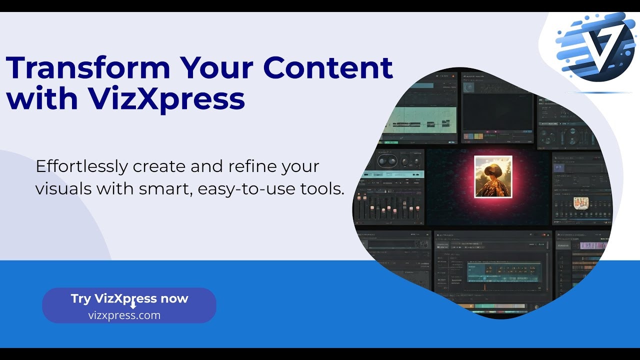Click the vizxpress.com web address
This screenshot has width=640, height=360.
[x=124, y=315]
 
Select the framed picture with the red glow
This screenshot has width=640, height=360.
[x=493, y=176]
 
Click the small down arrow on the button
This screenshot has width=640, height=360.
[x=133, y=306]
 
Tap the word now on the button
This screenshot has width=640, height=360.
[x=174, y=298]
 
